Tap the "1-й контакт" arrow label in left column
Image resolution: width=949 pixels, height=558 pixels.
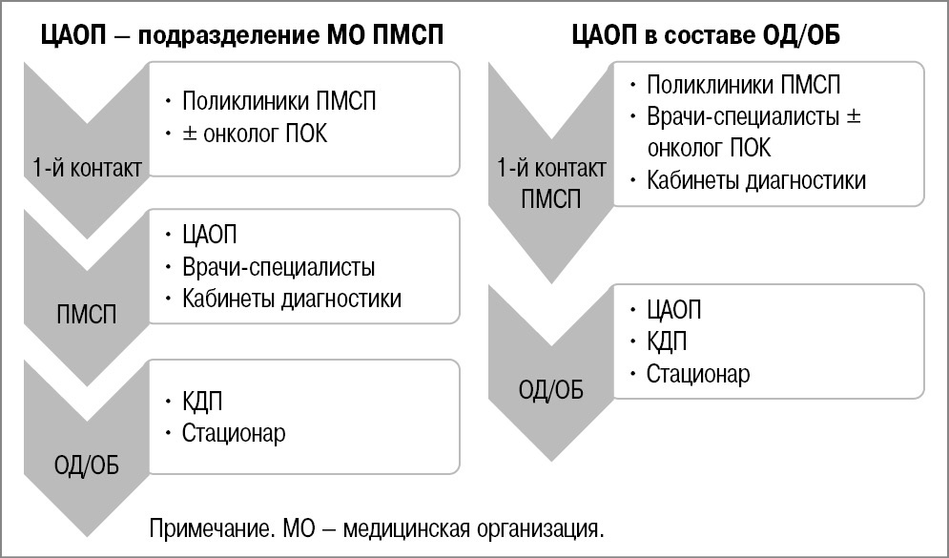[x=86, y=169]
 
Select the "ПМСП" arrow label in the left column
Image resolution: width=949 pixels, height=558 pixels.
[x=86, y=314]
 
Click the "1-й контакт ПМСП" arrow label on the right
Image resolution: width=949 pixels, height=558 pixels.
[x=551, y=185]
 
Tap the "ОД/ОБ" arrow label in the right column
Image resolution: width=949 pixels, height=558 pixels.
[x=551, y=391]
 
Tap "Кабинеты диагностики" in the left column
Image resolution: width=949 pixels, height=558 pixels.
[x=292, y=299]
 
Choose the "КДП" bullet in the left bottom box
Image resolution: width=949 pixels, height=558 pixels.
[x=202, y=401]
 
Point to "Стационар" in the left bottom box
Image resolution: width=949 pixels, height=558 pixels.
[x=234, y=433]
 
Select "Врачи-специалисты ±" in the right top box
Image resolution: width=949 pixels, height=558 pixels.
[x=753, y=117]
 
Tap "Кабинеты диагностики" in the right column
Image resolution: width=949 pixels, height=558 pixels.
[x=756, y=180]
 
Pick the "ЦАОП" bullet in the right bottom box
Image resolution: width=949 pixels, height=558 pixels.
[x=673, y=311]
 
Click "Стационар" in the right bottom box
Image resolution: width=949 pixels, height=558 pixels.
[x=698, y=374]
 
